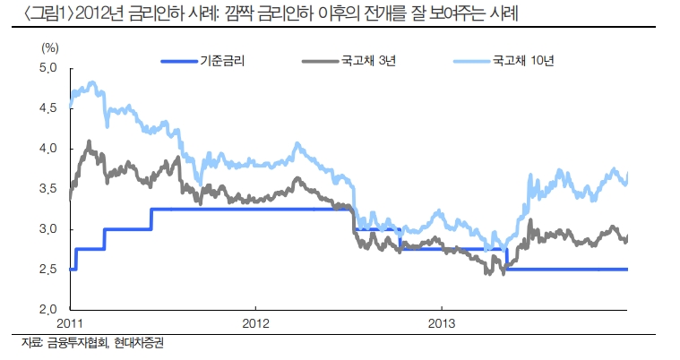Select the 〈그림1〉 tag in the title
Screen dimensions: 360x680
[32, 15]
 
